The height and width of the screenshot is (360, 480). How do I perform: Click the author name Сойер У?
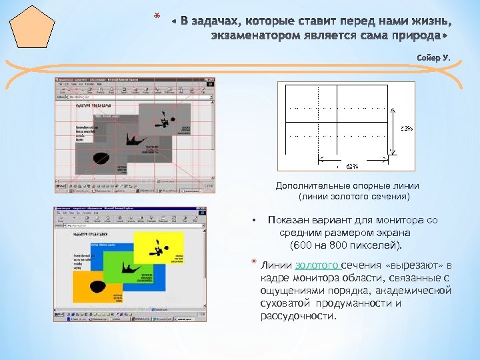click(434, 57)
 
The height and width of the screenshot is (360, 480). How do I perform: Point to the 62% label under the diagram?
click(352, 166)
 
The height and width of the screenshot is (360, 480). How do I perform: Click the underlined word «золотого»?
click(317, 265)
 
